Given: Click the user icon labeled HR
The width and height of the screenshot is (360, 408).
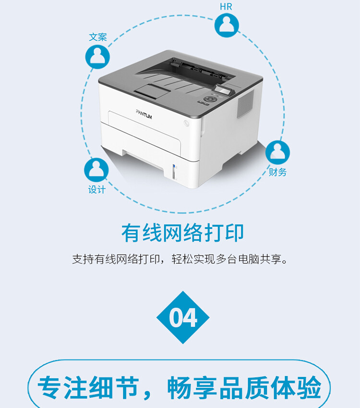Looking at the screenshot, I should pyautogui.click(x=227, y=25).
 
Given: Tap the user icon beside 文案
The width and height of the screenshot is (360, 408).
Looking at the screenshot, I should pyautogui.click(x=97, y=57).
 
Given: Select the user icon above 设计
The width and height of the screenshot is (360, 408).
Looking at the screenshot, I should pyautogui.click(x=96, y=170).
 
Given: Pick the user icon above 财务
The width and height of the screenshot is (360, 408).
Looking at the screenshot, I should pyautogui.click(x=277, y=152).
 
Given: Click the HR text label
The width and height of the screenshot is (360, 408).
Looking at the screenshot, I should pyautogui.click(x=226, y=7).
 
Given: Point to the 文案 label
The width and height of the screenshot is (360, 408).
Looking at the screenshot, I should pyautogui.click(x=98, y=37).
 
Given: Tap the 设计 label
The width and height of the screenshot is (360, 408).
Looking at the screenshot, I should pyautogui.click(x=96, y=190).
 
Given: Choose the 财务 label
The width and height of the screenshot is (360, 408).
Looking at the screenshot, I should pyautogui.click(x=277, y=172).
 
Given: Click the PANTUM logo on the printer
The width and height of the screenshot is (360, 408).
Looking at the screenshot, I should pyautogui.click(x=144, y=114).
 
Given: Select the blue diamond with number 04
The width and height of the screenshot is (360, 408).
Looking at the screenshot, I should pyautogui.click(x=183, y=317).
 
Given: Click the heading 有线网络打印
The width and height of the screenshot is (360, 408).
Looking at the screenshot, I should pyautogui.click(x=182, y=233).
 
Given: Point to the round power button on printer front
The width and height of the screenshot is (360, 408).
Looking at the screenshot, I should pyautogui.click(x=186, y=123).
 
